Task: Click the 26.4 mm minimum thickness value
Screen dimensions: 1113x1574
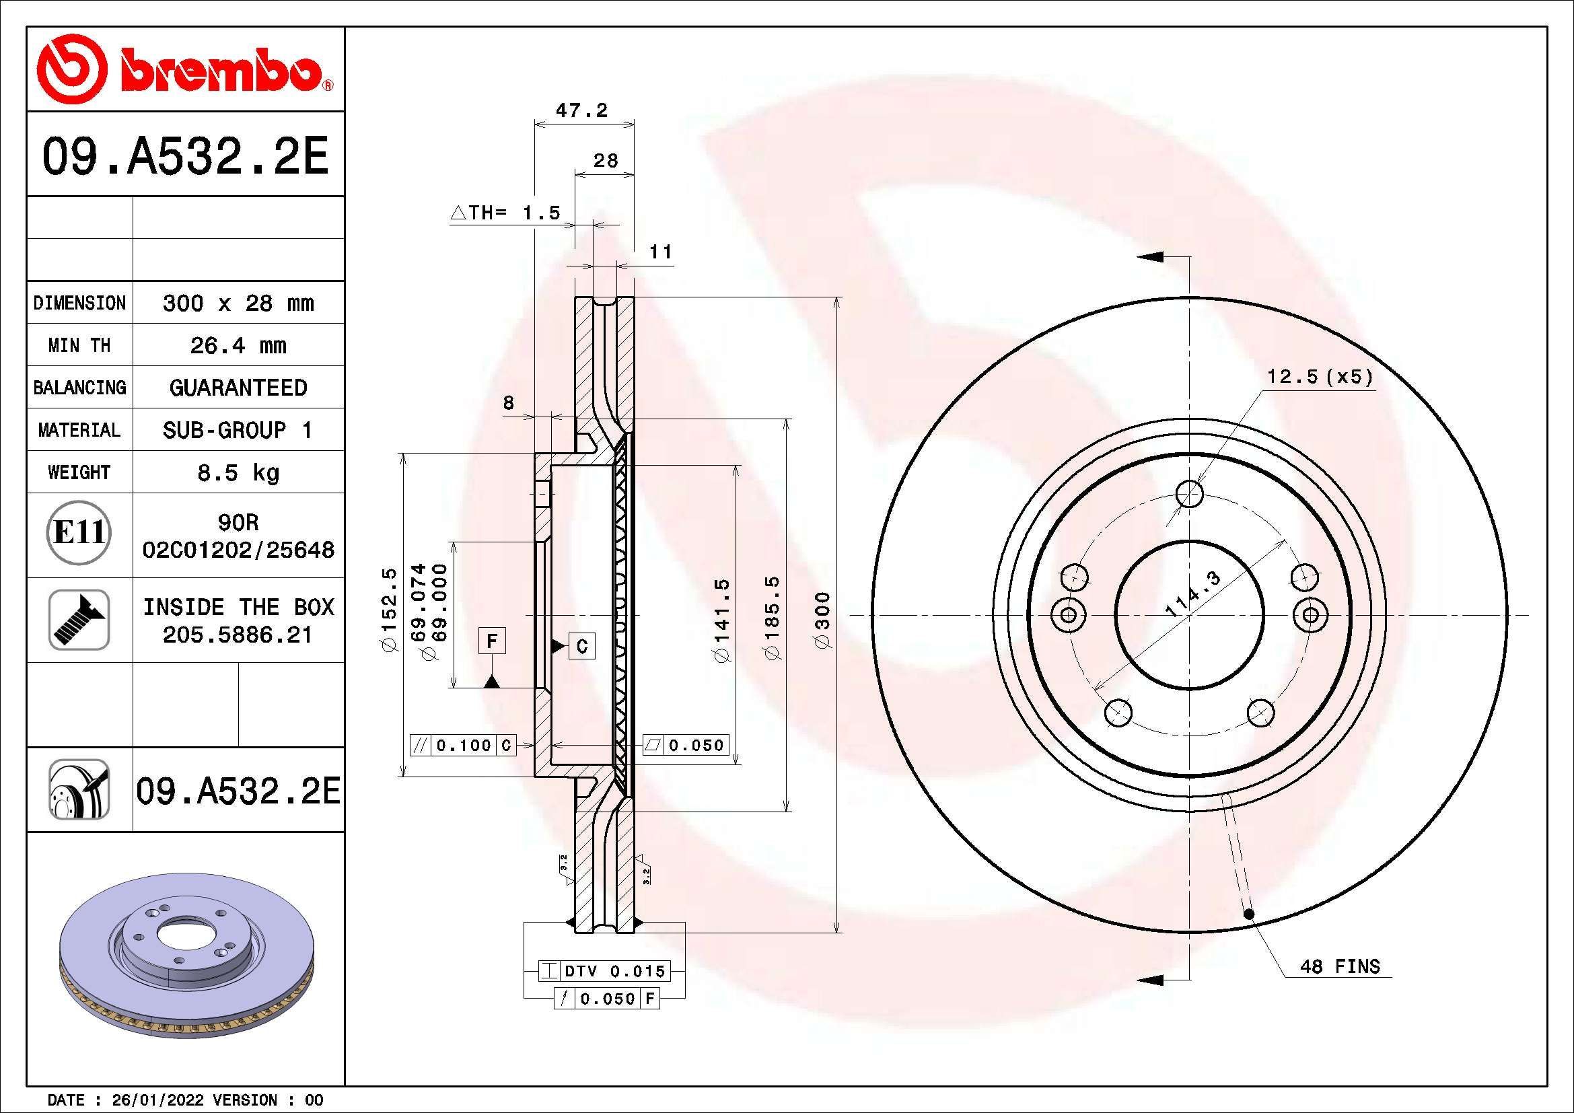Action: [x=238, y=345]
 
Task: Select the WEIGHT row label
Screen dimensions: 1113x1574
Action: [x=79, y=472]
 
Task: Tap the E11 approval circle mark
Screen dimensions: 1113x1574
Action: [x=79, y=532]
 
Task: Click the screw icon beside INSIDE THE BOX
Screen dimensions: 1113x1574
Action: [x=79, y=619]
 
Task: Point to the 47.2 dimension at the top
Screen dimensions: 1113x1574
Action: [x=581, y=110]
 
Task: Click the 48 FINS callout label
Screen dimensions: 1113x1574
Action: [x=1340, y=966]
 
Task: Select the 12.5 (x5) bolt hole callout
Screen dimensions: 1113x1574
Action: [x=1320, y=376]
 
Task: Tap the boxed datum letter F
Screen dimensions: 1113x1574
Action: [x=491, y=641]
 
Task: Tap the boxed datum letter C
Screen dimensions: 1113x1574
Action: [x=582, y=645]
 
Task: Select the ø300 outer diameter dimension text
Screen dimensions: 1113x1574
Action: [x=822, y=620]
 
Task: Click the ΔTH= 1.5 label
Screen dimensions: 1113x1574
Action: [x=506, y=213]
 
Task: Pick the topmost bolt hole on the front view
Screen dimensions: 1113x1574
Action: [x=1189, y=493]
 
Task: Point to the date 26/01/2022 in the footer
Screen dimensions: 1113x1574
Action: [x=157, y=1100]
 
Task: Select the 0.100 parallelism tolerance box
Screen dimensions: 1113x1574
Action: [x=464, y=745]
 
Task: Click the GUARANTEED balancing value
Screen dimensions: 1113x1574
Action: [x=238, y=388]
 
